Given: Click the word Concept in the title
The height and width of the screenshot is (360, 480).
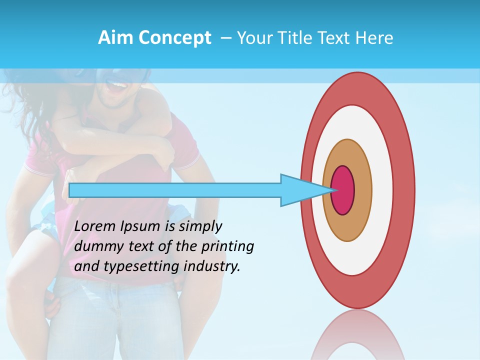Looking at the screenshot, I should (x=174, y=38).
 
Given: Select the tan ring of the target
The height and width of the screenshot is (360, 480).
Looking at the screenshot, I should (x=362, y=190).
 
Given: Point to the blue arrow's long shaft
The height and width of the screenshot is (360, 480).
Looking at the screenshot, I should (x=175, y=190).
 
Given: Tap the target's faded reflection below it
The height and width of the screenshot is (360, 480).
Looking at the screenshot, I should (x=358, y=335).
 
